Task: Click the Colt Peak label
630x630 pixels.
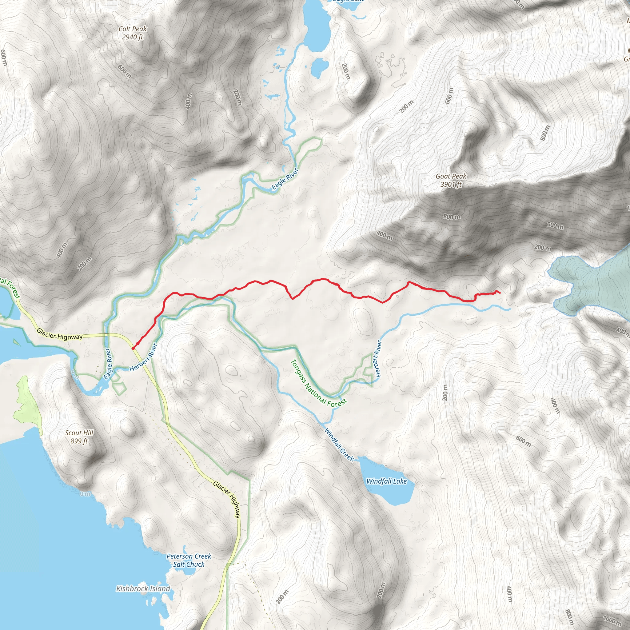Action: pos(132,29)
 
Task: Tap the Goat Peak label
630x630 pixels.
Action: pos(451,176)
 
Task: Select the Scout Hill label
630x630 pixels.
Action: pos(79,433)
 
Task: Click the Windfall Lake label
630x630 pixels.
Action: pos(386,481)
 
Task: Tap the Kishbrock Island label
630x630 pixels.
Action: pos(143,588)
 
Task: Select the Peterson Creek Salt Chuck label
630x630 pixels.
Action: pos(189,560)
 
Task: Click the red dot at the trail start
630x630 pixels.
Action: pos(133,348)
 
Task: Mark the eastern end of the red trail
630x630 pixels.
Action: pos(500,293)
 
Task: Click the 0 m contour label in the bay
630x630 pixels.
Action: pos(85,494)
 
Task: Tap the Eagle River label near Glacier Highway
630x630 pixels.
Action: pos(108,364)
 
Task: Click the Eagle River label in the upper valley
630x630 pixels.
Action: pos(285,179)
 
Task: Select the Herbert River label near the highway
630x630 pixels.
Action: pos(143,357)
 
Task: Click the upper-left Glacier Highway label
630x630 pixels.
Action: pos(59,334)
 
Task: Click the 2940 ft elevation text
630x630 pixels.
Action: pos(132,37)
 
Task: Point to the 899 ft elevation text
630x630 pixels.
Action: pos(79,441)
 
